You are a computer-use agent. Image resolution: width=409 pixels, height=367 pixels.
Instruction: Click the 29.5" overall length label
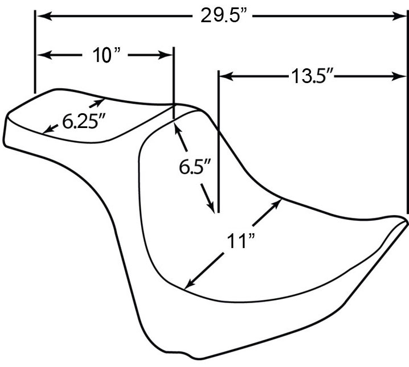(223, 15)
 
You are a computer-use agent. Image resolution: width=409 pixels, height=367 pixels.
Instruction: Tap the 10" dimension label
(107, 55)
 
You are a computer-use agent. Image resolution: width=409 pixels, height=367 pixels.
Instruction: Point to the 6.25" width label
(83, 121)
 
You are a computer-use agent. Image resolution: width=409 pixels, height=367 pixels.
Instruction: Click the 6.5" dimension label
(195, 167)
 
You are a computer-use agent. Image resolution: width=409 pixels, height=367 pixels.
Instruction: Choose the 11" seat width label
(240, 241)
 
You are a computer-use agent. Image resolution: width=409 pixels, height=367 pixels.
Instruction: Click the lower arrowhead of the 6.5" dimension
(211, 207)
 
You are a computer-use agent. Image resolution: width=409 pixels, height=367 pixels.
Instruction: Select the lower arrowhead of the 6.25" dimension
(47, 130)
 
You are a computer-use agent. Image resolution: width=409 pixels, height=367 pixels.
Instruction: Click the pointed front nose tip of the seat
(406, 221)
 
